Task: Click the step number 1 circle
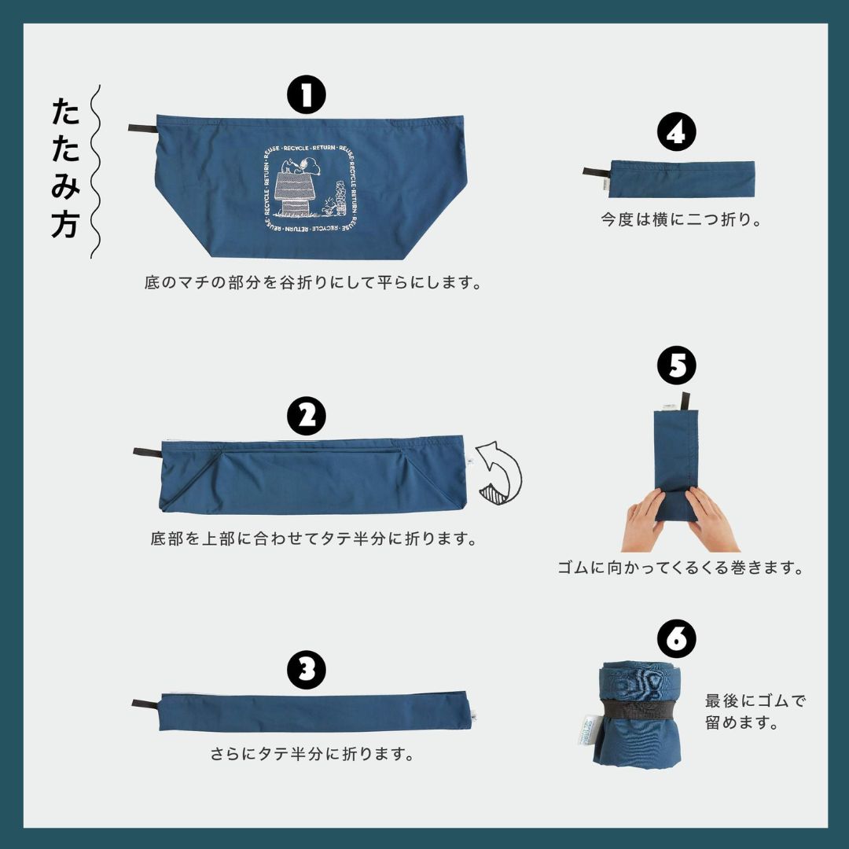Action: tap(307, 94)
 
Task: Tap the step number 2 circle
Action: tap(307, 416)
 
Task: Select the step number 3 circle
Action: tap(307, 670)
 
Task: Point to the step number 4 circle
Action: tap(676, 131)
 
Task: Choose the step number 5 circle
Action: tap(676, 366)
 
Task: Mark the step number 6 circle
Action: tap(676, 639)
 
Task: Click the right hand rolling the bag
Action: tap(711, 520)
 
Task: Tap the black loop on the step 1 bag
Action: tap(142, 128)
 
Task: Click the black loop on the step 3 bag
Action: tap(146, 704)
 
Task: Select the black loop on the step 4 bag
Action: tap(597, 172)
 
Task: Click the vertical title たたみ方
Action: tap(66, 168)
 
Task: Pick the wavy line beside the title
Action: tap(95, 171)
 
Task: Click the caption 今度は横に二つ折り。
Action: tap(681, 219)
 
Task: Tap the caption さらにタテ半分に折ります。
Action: tap(312, 753)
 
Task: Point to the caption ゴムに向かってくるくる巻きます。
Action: tap(680, 568)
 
